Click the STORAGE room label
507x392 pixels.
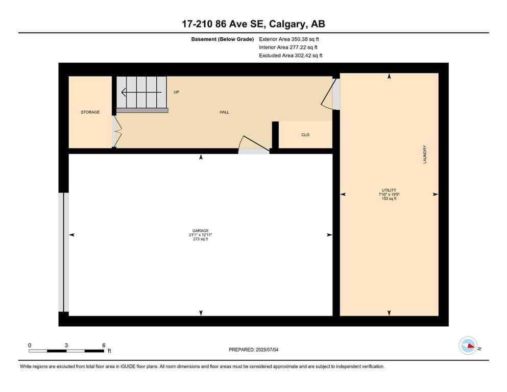90,112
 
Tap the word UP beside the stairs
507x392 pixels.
176,92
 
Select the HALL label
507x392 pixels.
224,112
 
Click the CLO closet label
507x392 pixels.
305,135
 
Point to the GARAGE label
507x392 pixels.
201,230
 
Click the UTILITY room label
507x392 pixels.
389,190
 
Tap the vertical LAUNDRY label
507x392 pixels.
425,155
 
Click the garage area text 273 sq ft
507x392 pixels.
201,239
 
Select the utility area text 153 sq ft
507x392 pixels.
389,199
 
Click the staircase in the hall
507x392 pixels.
142,93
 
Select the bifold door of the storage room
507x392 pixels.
115,132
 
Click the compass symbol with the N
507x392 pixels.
468,346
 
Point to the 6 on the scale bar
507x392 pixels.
104,345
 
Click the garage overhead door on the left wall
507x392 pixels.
64,252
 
